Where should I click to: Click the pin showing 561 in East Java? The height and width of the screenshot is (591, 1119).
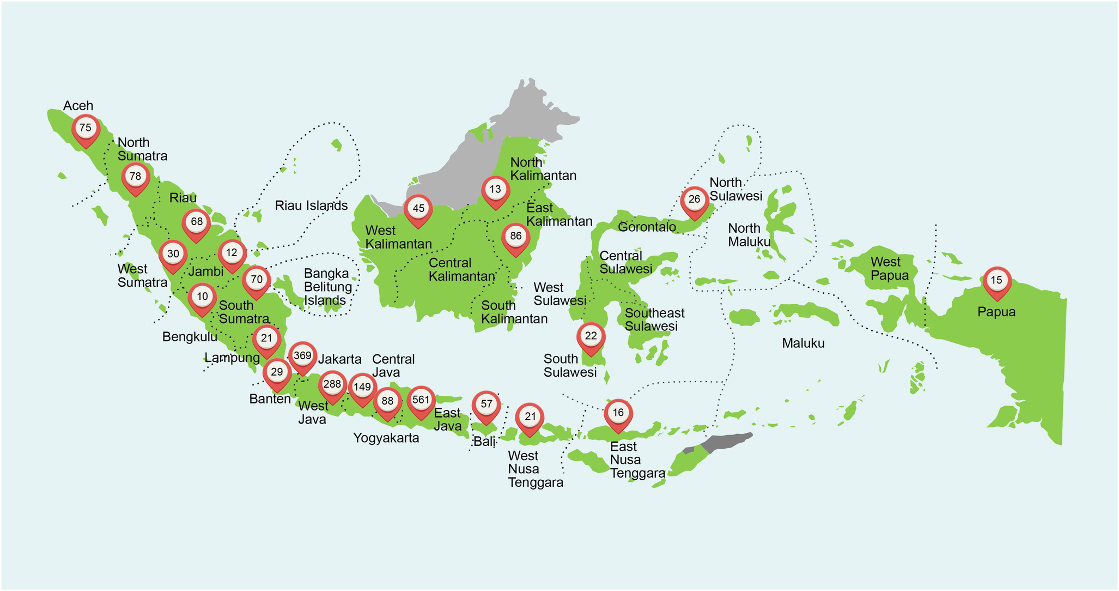(421, 401)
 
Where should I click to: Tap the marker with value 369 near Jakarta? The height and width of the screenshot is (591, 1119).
(302, 357)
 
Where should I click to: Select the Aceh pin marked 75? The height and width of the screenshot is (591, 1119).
(86, 129)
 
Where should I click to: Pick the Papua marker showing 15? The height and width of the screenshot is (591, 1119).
(996, 281)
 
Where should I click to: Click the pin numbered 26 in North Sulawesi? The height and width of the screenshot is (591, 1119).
(694, 200)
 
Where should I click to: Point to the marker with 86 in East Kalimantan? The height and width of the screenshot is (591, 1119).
(515, 237)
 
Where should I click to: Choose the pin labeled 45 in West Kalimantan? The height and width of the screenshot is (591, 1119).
(418, 209)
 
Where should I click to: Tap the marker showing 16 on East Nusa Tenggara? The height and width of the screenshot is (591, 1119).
(618, 413)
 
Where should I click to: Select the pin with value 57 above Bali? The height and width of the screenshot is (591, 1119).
(486, 405)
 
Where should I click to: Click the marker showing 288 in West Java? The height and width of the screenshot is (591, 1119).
(332, 385)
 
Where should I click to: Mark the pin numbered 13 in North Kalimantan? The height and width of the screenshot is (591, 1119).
(495, 190)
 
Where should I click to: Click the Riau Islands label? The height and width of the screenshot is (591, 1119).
(311, 206)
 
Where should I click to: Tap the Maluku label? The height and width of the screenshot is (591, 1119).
(803, 343)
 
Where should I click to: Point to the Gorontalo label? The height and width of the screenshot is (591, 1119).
(647, 227)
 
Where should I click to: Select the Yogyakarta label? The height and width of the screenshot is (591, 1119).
(386, 438)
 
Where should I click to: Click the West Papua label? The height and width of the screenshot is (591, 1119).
(889, 269)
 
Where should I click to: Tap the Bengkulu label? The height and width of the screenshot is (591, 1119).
(190, 337)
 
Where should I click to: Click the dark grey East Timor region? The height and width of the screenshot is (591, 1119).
(727, 441)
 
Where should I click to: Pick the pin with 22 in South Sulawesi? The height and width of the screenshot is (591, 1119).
(591, 336)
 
